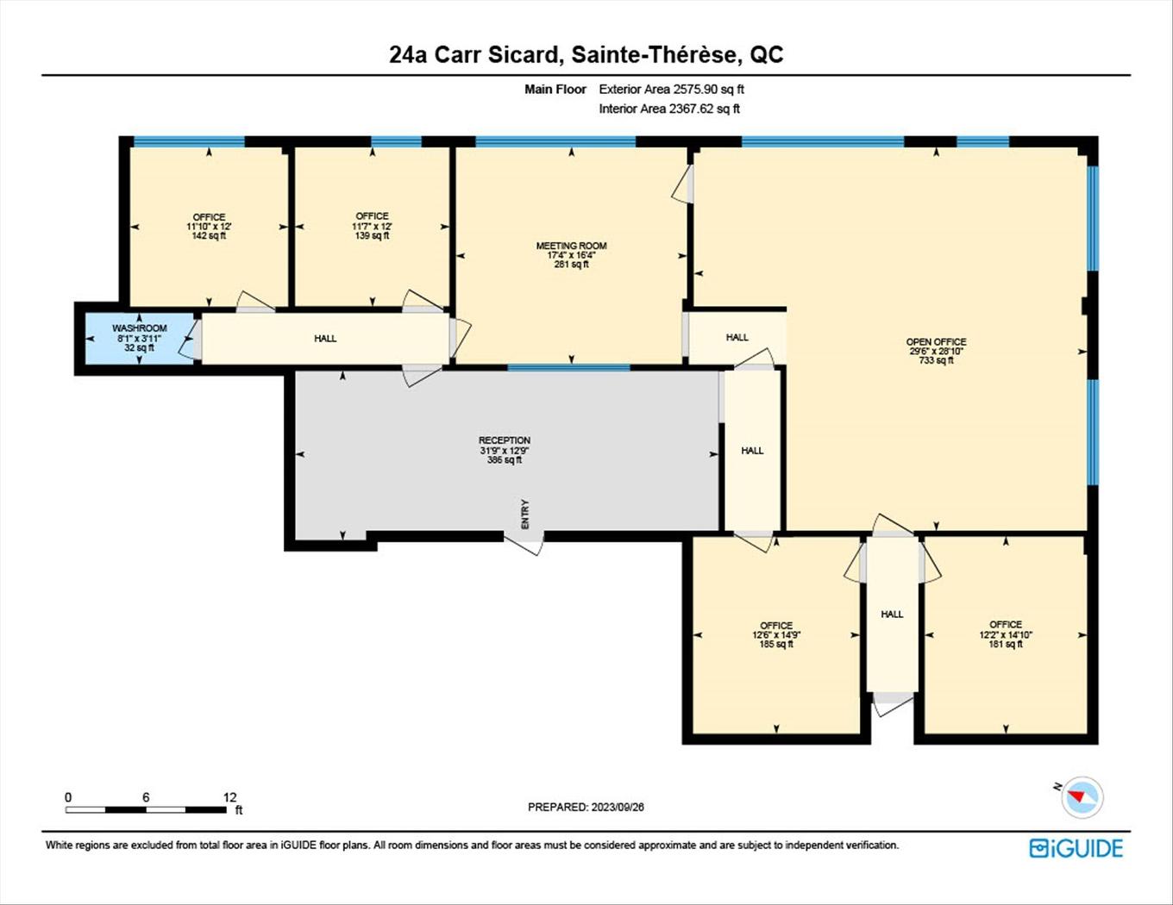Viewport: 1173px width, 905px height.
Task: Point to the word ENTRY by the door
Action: (x=525, y=514)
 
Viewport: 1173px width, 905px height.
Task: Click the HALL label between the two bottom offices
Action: (x=892, y=614)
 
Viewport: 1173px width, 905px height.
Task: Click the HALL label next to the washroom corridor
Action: (x=325, y=338)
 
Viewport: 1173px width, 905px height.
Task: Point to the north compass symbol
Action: (x=1082, y=796)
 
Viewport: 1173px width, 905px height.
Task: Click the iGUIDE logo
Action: (x=1076, y=848)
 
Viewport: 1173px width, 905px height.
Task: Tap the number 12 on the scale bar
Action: (x=229, y=797)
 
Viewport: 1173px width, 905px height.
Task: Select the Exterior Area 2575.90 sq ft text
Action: (x=671, y=89)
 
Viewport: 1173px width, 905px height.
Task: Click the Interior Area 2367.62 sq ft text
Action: (x=669, y=109)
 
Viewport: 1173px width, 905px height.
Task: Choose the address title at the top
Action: (x=586, y=55)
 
